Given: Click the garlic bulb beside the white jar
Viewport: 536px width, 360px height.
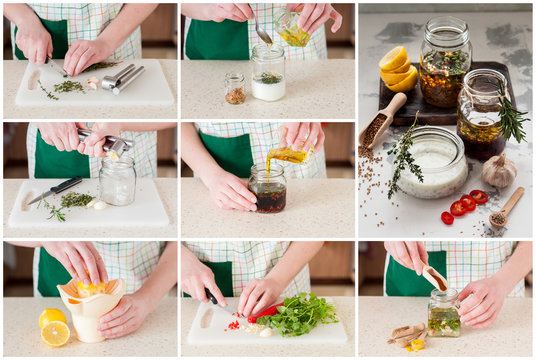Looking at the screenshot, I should (x=499, y=171).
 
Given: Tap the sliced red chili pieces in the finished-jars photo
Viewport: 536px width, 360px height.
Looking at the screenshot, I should (x=462, y=205).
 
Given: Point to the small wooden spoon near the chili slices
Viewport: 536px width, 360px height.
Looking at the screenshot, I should (x=504, y=208).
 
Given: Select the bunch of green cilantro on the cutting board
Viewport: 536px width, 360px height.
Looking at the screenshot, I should (x=298, y=314).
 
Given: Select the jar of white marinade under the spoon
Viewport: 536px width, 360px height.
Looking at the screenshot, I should (x=268, y=74).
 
